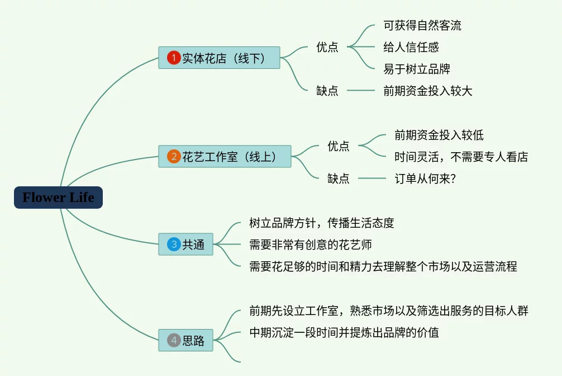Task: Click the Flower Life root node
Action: point(59,198)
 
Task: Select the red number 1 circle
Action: point(174,58)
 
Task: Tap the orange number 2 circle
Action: point(174,156)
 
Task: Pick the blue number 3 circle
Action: point(174,244)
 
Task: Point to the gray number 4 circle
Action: point(174,340)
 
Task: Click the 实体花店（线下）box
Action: point(220,58)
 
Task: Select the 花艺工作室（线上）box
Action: point(225,156)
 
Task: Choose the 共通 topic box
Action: point(185,244)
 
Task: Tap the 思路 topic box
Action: point(185,340)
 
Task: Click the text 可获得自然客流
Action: point(422,26)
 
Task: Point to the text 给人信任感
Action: point(411,47)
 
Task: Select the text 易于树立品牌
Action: point(417,69)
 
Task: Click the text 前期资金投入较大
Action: point(427,91)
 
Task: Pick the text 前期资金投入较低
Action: point(439,135)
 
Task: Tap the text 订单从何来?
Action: point(425,178)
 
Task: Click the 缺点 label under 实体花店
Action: point(327,91)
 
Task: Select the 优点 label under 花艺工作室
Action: point(339,146)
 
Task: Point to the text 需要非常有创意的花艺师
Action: point(311,245)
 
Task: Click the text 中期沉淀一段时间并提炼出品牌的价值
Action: point(344,332)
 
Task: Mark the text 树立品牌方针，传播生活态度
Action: point(321,223)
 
